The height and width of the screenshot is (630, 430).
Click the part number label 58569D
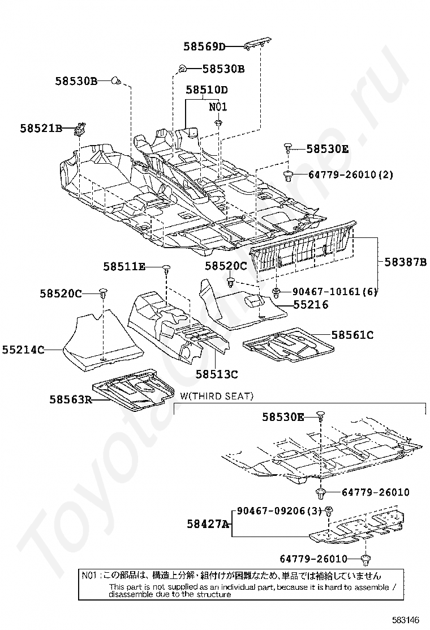[x=204, y=46]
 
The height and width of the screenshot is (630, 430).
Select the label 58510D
[x=207, y=90]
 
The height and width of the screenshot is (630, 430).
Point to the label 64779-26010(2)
[x=351, y=174]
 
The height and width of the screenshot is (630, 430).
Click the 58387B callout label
[x=405, y=262]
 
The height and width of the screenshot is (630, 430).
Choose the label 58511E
[x=124, y=266]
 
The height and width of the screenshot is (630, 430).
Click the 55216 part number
[x=310, y=305]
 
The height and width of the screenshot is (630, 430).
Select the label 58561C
[x=352, y=335]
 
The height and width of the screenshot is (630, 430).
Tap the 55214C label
[x=23, y=350]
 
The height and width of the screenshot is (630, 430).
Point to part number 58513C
[x=217, y=374]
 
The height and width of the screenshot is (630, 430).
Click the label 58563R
[x=71, y=400]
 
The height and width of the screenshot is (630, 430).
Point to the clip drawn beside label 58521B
[x=80, y=129]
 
